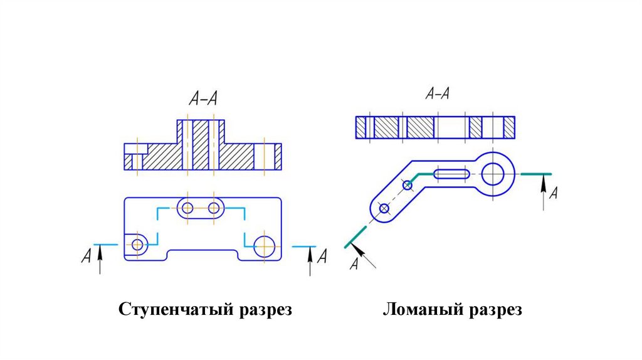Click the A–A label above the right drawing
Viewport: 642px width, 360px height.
coord(437,94)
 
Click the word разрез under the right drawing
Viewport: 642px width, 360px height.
coord(494,310)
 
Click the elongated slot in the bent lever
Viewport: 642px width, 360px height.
coord(451,174)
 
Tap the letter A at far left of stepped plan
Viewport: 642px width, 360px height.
coord(86,256)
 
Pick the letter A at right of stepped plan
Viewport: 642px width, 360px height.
coord(322,256)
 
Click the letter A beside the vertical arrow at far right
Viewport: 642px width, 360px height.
coord(553,193)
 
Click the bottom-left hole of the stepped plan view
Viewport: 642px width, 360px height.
coord(137,243)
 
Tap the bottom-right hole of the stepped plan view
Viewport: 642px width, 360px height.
coord(265,245)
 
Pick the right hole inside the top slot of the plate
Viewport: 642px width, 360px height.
coord(214,208)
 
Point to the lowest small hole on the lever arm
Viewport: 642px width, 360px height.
coord(384,208)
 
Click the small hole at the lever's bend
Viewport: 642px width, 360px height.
coord(408,185)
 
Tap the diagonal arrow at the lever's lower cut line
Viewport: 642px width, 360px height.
coord(366,255)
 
